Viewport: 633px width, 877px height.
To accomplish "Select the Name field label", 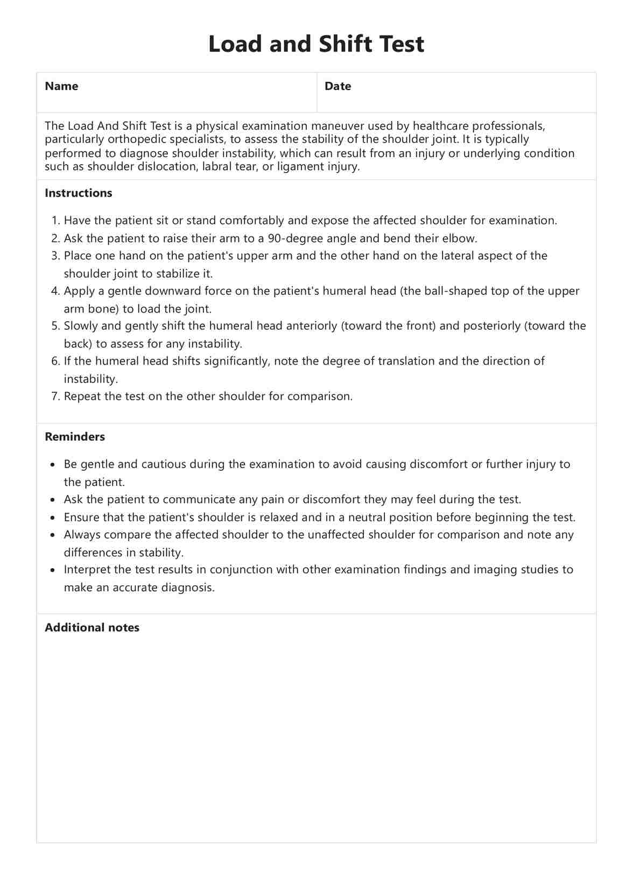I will click(61, 86).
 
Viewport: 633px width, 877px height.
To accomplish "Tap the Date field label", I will click(337, 86).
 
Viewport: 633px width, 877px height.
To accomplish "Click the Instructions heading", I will click(79, 193).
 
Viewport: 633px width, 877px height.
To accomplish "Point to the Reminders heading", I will click(75, 437).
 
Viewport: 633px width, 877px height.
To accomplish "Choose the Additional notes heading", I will click(92, 628).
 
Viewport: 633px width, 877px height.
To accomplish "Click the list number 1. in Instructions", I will click(56, 221).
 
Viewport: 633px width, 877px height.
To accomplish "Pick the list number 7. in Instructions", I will click(56, 397).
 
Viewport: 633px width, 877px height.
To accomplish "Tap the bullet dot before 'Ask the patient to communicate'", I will click(52, 500).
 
